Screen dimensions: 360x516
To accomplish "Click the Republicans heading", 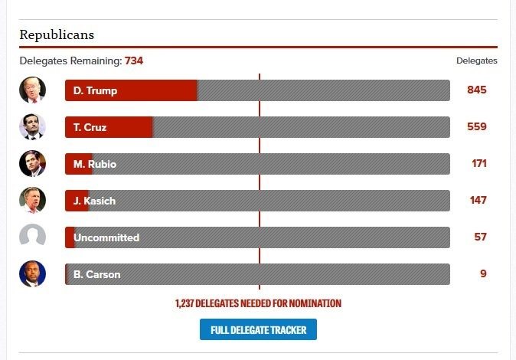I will tap(57, 35).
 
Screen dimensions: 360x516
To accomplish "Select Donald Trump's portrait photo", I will tap(32, 90).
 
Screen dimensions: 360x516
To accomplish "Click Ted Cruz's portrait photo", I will tap(32, 126).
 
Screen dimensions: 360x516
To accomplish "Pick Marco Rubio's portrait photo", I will tap(32, 163).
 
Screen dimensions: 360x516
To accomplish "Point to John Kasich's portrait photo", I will tap(32, 200).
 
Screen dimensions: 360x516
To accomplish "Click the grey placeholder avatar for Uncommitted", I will tap(32, 237).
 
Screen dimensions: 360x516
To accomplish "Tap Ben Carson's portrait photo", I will tap(32, 273).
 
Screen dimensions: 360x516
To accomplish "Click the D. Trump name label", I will tap(95, 90).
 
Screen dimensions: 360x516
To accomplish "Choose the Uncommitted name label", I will tap(106, 237).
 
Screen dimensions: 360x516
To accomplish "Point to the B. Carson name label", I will tap(96, 274).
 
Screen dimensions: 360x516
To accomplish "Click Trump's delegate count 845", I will tap(477, 90).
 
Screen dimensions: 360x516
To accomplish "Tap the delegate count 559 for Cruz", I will tap(477, 127).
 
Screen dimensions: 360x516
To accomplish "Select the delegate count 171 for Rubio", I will tap(479, 164).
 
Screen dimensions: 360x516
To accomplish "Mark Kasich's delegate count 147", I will tap(479, 201).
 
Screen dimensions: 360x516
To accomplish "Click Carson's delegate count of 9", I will tap(483, 274).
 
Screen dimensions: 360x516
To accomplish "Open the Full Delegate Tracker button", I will tap(258, 330).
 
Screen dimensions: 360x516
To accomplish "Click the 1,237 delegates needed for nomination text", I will tap(258, 303).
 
